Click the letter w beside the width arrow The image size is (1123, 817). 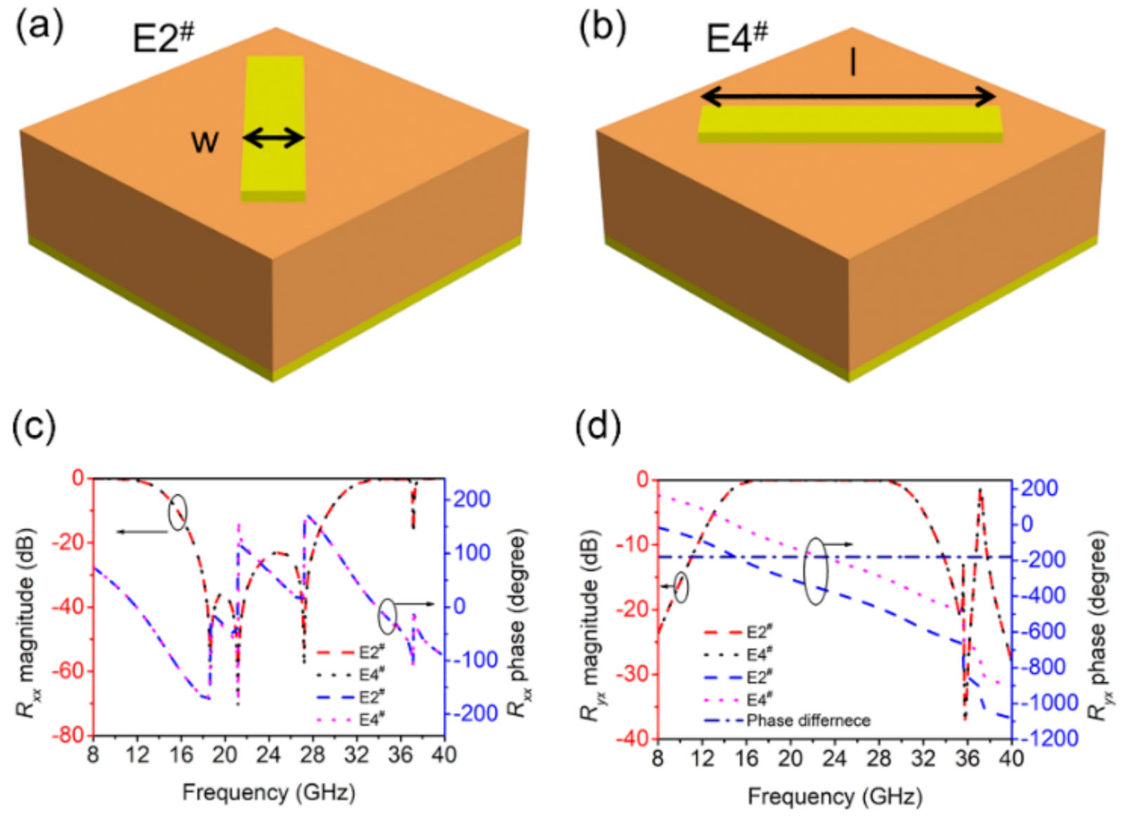(x=205, y=142)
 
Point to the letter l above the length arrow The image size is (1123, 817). (x=852, y=63)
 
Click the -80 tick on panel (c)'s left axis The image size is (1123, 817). (x=70, y=735)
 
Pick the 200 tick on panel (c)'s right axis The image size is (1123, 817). (x=471, y=499)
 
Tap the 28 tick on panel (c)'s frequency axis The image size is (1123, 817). (x=312, y=755)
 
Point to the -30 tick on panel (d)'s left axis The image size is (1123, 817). (x=633, y=674)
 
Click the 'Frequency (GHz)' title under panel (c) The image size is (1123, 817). (x=269, y=792)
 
